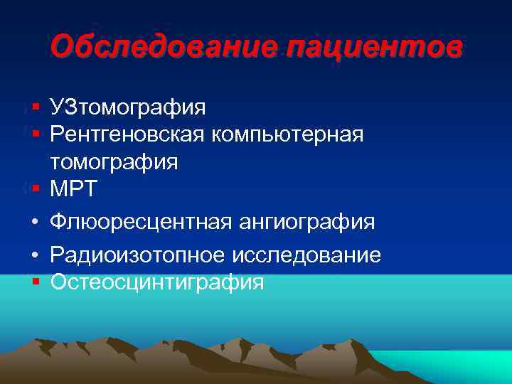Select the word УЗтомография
[128, 108]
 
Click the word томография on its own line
[114, 162]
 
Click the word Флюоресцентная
[139, 223]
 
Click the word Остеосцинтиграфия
[157, 283]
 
